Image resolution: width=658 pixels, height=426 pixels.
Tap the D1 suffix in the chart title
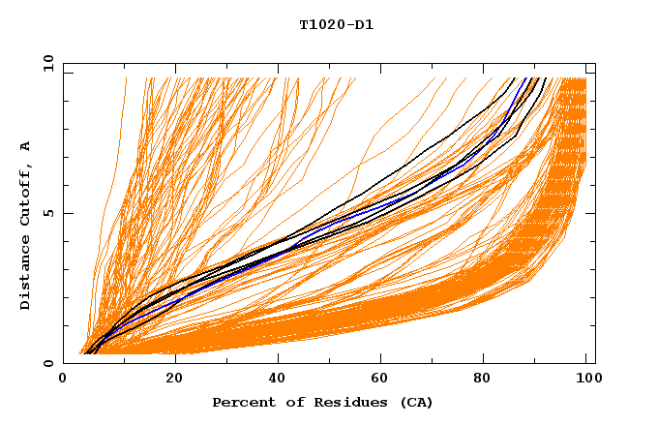click(x=361, y=25)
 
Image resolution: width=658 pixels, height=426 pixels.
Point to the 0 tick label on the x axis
click(x=64, y=379)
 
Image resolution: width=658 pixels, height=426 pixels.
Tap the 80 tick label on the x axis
click(x=486, y=379)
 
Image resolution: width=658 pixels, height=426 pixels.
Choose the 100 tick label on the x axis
click(x=586, y=379)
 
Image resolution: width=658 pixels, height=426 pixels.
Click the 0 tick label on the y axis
click(x=48, y=363)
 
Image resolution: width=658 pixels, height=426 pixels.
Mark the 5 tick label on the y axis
click(x=48, y=214)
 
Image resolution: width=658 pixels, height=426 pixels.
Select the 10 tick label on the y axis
click(x=45, y=64)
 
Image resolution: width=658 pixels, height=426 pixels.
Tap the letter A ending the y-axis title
click(x=25, y=147)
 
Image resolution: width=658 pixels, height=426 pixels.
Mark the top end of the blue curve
click(x=527, y=79)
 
